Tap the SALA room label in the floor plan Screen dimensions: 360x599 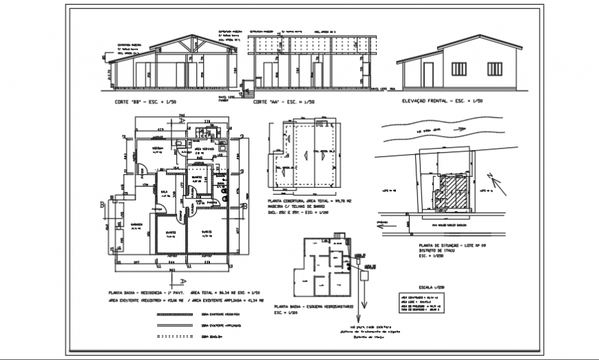[x=165, y=192]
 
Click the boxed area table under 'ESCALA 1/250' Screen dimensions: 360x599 [x=425, y=301]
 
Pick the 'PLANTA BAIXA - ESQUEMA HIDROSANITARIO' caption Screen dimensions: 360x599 [x=315, y=306]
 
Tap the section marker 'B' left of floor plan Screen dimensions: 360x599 [x=101, y=204]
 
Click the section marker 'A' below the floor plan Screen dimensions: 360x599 [x=182, y=281]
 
